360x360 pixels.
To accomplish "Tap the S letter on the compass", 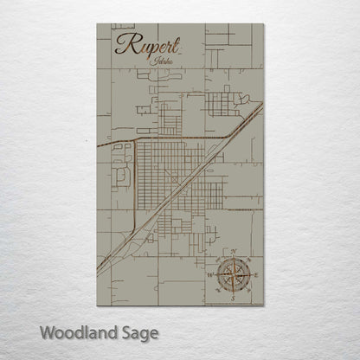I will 235,296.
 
